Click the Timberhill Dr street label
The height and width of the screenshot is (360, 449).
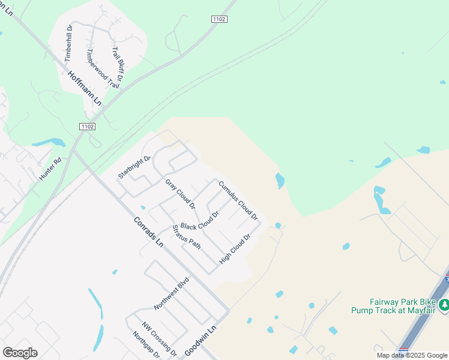pos(69,43)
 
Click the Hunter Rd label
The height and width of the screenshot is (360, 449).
pos(50,169)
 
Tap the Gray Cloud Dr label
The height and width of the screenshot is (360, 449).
pos(180,193)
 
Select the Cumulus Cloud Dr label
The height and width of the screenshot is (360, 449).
pos(238,200)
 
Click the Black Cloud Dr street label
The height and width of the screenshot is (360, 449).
pos(200,220)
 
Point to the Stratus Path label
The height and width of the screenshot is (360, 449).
pos(186,236)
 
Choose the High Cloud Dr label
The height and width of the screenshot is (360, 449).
pos(234,249)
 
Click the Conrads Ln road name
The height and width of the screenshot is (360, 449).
pos(148,230)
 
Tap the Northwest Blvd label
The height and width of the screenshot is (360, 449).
pos(171,293)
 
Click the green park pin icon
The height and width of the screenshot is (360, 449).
pos(444,305)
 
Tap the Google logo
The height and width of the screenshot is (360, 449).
pos(20,353)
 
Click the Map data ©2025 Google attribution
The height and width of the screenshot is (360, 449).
pos(412,355)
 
